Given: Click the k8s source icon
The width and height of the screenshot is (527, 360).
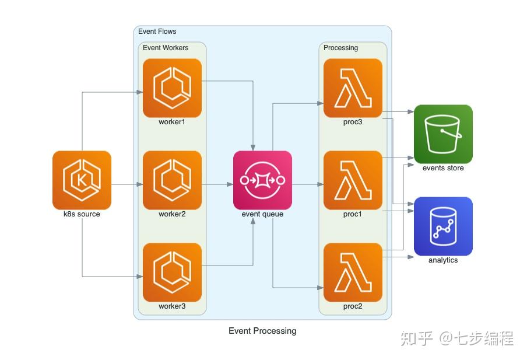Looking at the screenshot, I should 82,180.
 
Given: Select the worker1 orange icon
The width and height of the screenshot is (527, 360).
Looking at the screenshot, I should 172,88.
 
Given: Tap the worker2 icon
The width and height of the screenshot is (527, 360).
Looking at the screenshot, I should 172,180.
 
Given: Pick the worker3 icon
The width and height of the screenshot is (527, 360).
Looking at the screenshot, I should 172,272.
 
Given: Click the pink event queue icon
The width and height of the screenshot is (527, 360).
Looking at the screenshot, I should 262,180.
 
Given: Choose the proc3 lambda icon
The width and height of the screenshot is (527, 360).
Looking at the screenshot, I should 353,88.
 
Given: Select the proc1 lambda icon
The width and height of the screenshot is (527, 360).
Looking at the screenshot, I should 353,180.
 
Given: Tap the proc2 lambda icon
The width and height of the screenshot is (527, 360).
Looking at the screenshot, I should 353,272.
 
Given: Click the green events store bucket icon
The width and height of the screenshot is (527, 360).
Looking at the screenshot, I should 443,134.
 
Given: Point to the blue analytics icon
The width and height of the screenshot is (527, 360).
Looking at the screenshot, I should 443,226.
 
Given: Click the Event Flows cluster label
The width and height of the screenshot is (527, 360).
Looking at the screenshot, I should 157,32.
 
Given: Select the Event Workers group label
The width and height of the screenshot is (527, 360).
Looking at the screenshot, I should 166,48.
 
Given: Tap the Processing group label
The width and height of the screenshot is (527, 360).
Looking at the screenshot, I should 340,48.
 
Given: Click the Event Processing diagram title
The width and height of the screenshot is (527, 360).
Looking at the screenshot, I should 262,331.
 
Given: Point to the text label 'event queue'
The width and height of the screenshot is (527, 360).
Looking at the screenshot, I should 262,214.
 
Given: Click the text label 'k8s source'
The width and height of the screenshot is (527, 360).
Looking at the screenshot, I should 82,214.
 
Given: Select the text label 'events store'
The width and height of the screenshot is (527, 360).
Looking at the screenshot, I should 443,168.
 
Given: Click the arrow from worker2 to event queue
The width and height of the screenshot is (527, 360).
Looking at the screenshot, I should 217,184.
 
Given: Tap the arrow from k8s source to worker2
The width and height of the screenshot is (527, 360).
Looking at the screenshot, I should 127,184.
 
